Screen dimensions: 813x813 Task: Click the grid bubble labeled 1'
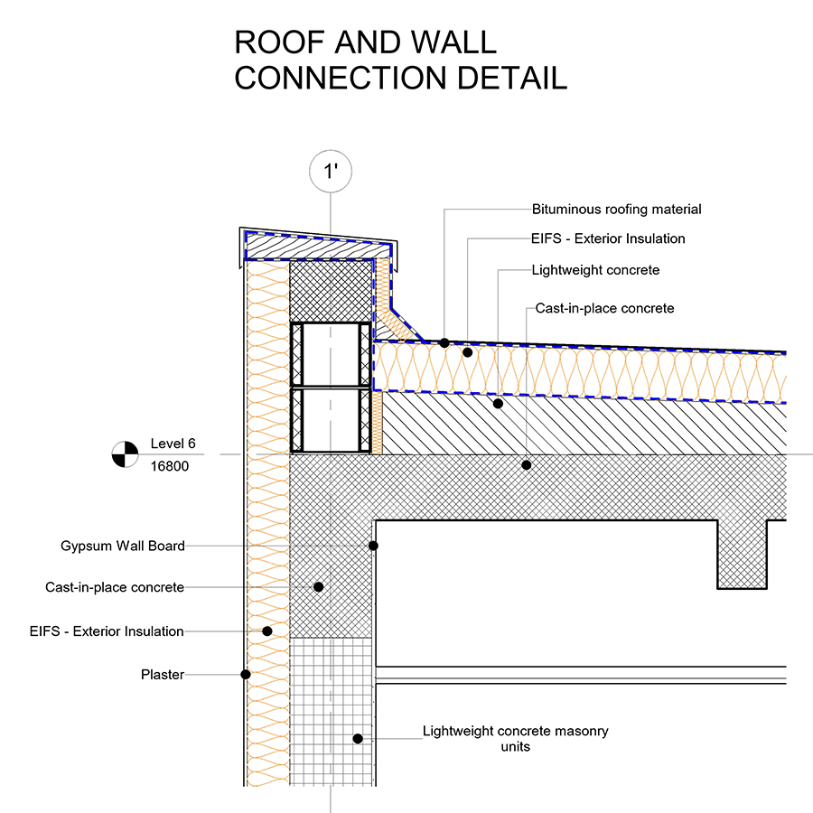tap(331, 171)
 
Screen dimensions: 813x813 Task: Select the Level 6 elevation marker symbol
tap(125, 454)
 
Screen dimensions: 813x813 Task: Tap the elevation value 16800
tap(170, 466)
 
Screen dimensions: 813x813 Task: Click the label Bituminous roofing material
tap(616, 210)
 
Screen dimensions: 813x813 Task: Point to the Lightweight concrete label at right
tap(596, 270)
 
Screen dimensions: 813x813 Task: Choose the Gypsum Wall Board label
tap(123, 546)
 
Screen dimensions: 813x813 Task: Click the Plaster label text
tap(163, 675)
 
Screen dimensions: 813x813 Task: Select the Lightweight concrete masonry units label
tap(516, 738)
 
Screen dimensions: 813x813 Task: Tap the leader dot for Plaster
tap(246, 675)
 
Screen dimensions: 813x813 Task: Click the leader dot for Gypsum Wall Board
tap(373, 546)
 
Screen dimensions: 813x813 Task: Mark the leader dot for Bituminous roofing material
tap(444, 342)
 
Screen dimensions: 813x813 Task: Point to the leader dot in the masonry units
tap(358, 739)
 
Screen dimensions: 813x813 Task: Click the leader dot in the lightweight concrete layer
tap(499, 404)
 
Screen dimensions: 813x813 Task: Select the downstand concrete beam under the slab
tap(742, 555)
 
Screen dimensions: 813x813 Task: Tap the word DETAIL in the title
tap(512, 79)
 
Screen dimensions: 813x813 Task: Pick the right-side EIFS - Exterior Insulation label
tap(608, 238)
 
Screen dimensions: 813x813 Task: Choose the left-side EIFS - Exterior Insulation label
tap(107, 631)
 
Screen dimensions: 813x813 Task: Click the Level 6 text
tap(173, 444)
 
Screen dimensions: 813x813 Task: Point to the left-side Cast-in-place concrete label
tap(115, 587)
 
